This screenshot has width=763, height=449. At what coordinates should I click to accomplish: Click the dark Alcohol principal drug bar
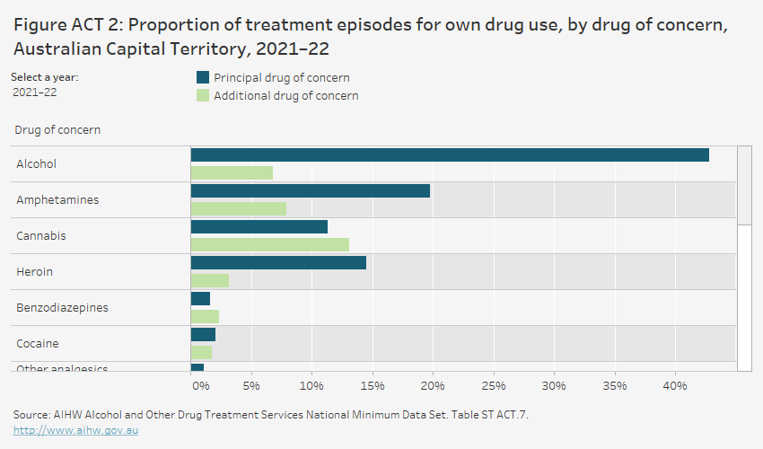point(449,154)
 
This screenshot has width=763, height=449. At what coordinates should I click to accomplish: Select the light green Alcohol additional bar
point(232,172)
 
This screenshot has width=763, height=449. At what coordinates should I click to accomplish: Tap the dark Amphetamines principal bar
point(310,190)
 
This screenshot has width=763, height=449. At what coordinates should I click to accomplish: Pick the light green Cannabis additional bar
point(269,244)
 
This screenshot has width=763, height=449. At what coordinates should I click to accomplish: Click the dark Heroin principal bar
point(278,262)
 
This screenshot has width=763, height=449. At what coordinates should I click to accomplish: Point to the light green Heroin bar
point(209,280)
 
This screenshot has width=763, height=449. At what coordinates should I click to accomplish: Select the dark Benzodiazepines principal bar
point(200,298)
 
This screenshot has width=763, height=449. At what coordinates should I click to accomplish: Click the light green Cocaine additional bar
point(201,352)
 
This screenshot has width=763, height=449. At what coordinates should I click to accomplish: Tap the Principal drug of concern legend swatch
point(202,78)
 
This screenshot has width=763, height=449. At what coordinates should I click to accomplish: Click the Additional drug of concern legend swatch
point(202,96)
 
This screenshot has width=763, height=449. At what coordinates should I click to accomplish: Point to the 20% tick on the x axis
point(433,386)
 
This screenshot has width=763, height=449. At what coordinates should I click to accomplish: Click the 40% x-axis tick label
point(675,386)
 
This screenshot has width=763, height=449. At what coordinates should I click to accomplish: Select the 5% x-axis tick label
point(251,386)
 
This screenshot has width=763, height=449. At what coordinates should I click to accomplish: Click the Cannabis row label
point(41,235)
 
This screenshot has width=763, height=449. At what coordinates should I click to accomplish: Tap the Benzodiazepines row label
point(62,307)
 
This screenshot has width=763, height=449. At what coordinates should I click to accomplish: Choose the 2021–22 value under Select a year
point(33,92)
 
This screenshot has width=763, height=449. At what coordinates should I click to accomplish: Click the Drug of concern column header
point(57,129)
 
